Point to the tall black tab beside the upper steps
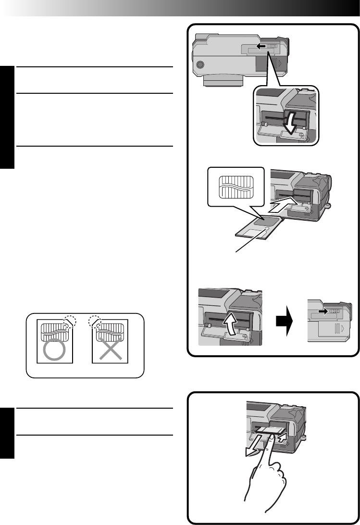tap(7, 117)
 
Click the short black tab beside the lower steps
tap(7, 433)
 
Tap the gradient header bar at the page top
tap(180, 8)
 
